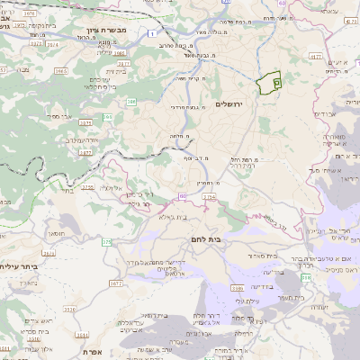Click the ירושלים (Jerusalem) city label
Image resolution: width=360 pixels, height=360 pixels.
click(230, 104)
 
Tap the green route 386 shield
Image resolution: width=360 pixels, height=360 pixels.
click(131, 102)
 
